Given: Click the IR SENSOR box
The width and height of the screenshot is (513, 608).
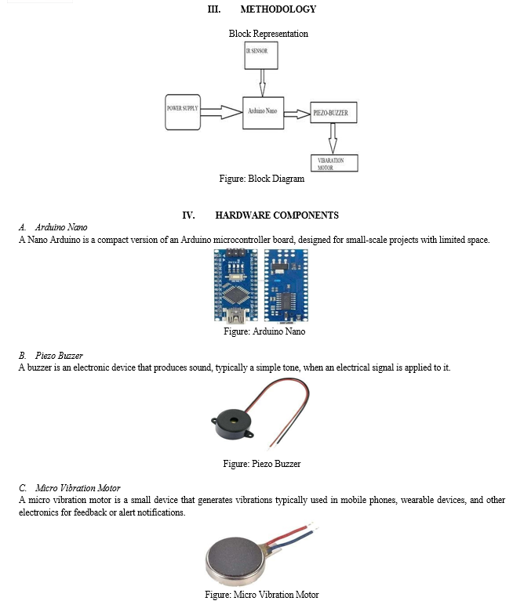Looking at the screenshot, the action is point(261,56).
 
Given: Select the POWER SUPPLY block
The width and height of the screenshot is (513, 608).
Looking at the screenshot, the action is point(183,112).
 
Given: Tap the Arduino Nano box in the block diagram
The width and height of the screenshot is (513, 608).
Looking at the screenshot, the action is point(263,113).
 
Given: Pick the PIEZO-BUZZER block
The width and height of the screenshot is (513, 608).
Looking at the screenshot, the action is point(333,113).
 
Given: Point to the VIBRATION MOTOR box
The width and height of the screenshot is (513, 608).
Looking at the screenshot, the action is point(334,163).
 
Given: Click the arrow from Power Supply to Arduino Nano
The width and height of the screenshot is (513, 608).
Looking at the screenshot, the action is point(221,112).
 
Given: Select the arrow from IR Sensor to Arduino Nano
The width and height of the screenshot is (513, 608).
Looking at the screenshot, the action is point(263,83).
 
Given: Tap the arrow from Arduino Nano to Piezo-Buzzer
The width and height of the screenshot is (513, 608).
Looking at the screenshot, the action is point(297,114).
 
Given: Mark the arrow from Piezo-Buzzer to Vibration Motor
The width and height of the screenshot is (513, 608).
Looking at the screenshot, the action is point(333,139).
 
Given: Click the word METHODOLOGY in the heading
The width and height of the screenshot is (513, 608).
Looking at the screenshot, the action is point(278,9).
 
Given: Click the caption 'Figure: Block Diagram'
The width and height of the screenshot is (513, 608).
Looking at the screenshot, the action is point(262,179).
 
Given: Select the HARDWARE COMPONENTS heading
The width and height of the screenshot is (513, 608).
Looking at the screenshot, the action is point(277,215).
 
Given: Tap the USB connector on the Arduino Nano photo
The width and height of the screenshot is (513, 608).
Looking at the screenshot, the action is point(236,316).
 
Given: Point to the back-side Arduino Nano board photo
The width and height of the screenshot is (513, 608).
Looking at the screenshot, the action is point(286,286).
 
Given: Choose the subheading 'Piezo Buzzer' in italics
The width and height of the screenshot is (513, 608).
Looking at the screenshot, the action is point(59,356).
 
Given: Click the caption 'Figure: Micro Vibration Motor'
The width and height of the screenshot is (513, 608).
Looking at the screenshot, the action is point(262,595).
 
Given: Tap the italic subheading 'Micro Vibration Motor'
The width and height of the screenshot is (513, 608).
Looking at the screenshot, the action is point(78,488).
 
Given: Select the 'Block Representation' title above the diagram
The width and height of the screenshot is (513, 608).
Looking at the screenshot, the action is point(268,34).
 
